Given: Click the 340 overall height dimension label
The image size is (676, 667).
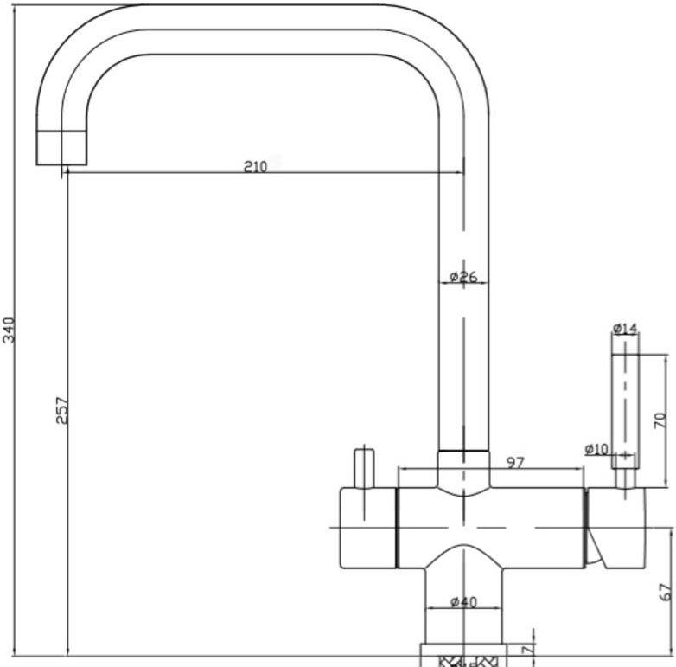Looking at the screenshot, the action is (x=9, y=330).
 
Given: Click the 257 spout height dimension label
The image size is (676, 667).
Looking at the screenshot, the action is (x=62, y=411).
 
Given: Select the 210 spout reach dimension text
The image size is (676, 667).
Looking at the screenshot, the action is (x=256, y=167).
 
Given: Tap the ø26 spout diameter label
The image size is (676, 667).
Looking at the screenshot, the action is (x=463, y=277).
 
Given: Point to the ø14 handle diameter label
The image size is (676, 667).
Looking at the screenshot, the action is (x=625, y=329).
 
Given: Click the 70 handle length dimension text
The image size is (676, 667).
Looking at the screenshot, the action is (x=660, y=420).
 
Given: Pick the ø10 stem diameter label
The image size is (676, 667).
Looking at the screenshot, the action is (x=596, y=450).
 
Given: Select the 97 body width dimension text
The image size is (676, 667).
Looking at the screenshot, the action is (x=515, y=463).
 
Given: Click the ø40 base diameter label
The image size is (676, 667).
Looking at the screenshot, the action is (x=463, y=602).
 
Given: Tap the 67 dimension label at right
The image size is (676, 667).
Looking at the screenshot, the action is (x=666, y=592).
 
